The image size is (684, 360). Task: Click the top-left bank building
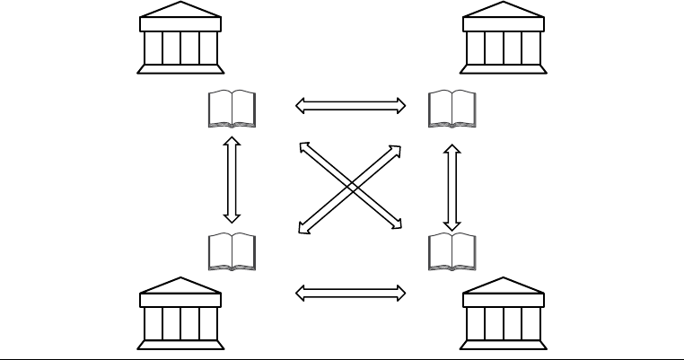(181, 38)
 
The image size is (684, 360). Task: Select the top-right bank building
(503, 38)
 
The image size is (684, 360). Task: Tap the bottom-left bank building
(181, 314)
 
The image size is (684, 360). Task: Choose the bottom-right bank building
(503, 314)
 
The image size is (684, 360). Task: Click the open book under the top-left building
(232, 109)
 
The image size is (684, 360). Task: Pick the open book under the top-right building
(452, 109)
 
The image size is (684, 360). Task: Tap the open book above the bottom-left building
(232, 251)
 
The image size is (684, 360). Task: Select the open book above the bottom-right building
(452, 251)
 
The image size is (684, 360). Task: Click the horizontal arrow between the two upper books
(351, 106)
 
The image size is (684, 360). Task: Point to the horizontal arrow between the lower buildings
(351, 293)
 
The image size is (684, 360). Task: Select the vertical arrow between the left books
(232, 179)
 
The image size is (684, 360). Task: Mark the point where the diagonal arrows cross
(350, 186)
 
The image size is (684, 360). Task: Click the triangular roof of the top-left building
(181, 13)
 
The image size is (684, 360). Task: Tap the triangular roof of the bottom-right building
(503, 287)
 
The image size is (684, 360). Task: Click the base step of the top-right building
(503, 67)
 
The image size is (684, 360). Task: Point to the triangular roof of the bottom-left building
(181, 287)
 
